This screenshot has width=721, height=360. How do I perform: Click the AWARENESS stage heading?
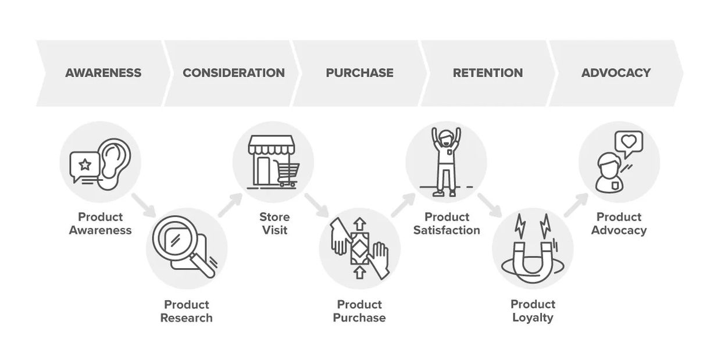coord(103,73)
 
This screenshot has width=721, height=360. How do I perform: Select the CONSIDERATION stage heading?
coord(234,73)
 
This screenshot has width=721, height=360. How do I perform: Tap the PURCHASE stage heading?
coord(359,73)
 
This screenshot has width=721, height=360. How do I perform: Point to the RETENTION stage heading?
coord(488,73)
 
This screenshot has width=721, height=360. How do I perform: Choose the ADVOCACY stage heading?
coord(616,73)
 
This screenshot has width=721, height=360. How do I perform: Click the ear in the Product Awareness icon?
coord(115,163)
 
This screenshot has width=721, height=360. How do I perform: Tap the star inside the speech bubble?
coord(85,165)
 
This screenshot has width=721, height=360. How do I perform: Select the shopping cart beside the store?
coord(288,174)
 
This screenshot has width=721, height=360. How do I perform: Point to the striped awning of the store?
coord(272,145)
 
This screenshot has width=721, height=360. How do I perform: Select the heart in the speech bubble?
coord(629,141)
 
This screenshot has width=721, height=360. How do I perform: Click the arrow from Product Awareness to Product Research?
coord(144,205)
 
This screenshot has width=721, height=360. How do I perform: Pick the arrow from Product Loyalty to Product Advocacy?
coord(576,205)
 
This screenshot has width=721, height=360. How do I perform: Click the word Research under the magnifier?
coord(187,318)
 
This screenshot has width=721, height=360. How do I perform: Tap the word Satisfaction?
coord(447,230)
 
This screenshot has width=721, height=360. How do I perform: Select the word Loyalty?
coord(533,318)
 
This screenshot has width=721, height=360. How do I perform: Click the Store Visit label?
coord(274,223)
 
